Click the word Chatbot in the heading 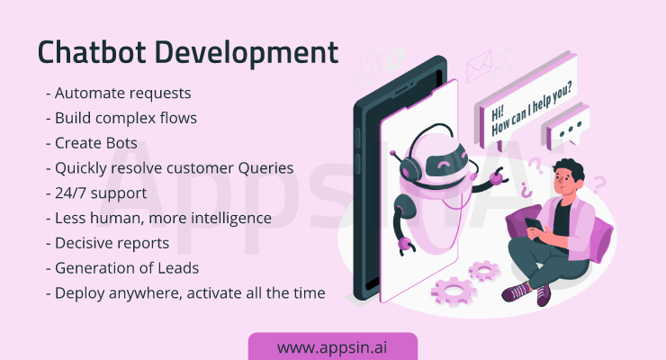92,52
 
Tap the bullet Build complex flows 121,118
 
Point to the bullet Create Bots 92,143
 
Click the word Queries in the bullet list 265,168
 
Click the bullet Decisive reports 107,243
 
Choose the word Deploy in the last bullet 80,293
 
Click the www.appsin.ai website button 333,346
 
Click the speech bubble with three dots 567,127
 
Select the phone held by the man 534,225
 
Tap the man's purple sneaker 517,292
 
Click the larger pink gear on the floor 454,291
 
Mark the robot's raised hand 498,176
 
